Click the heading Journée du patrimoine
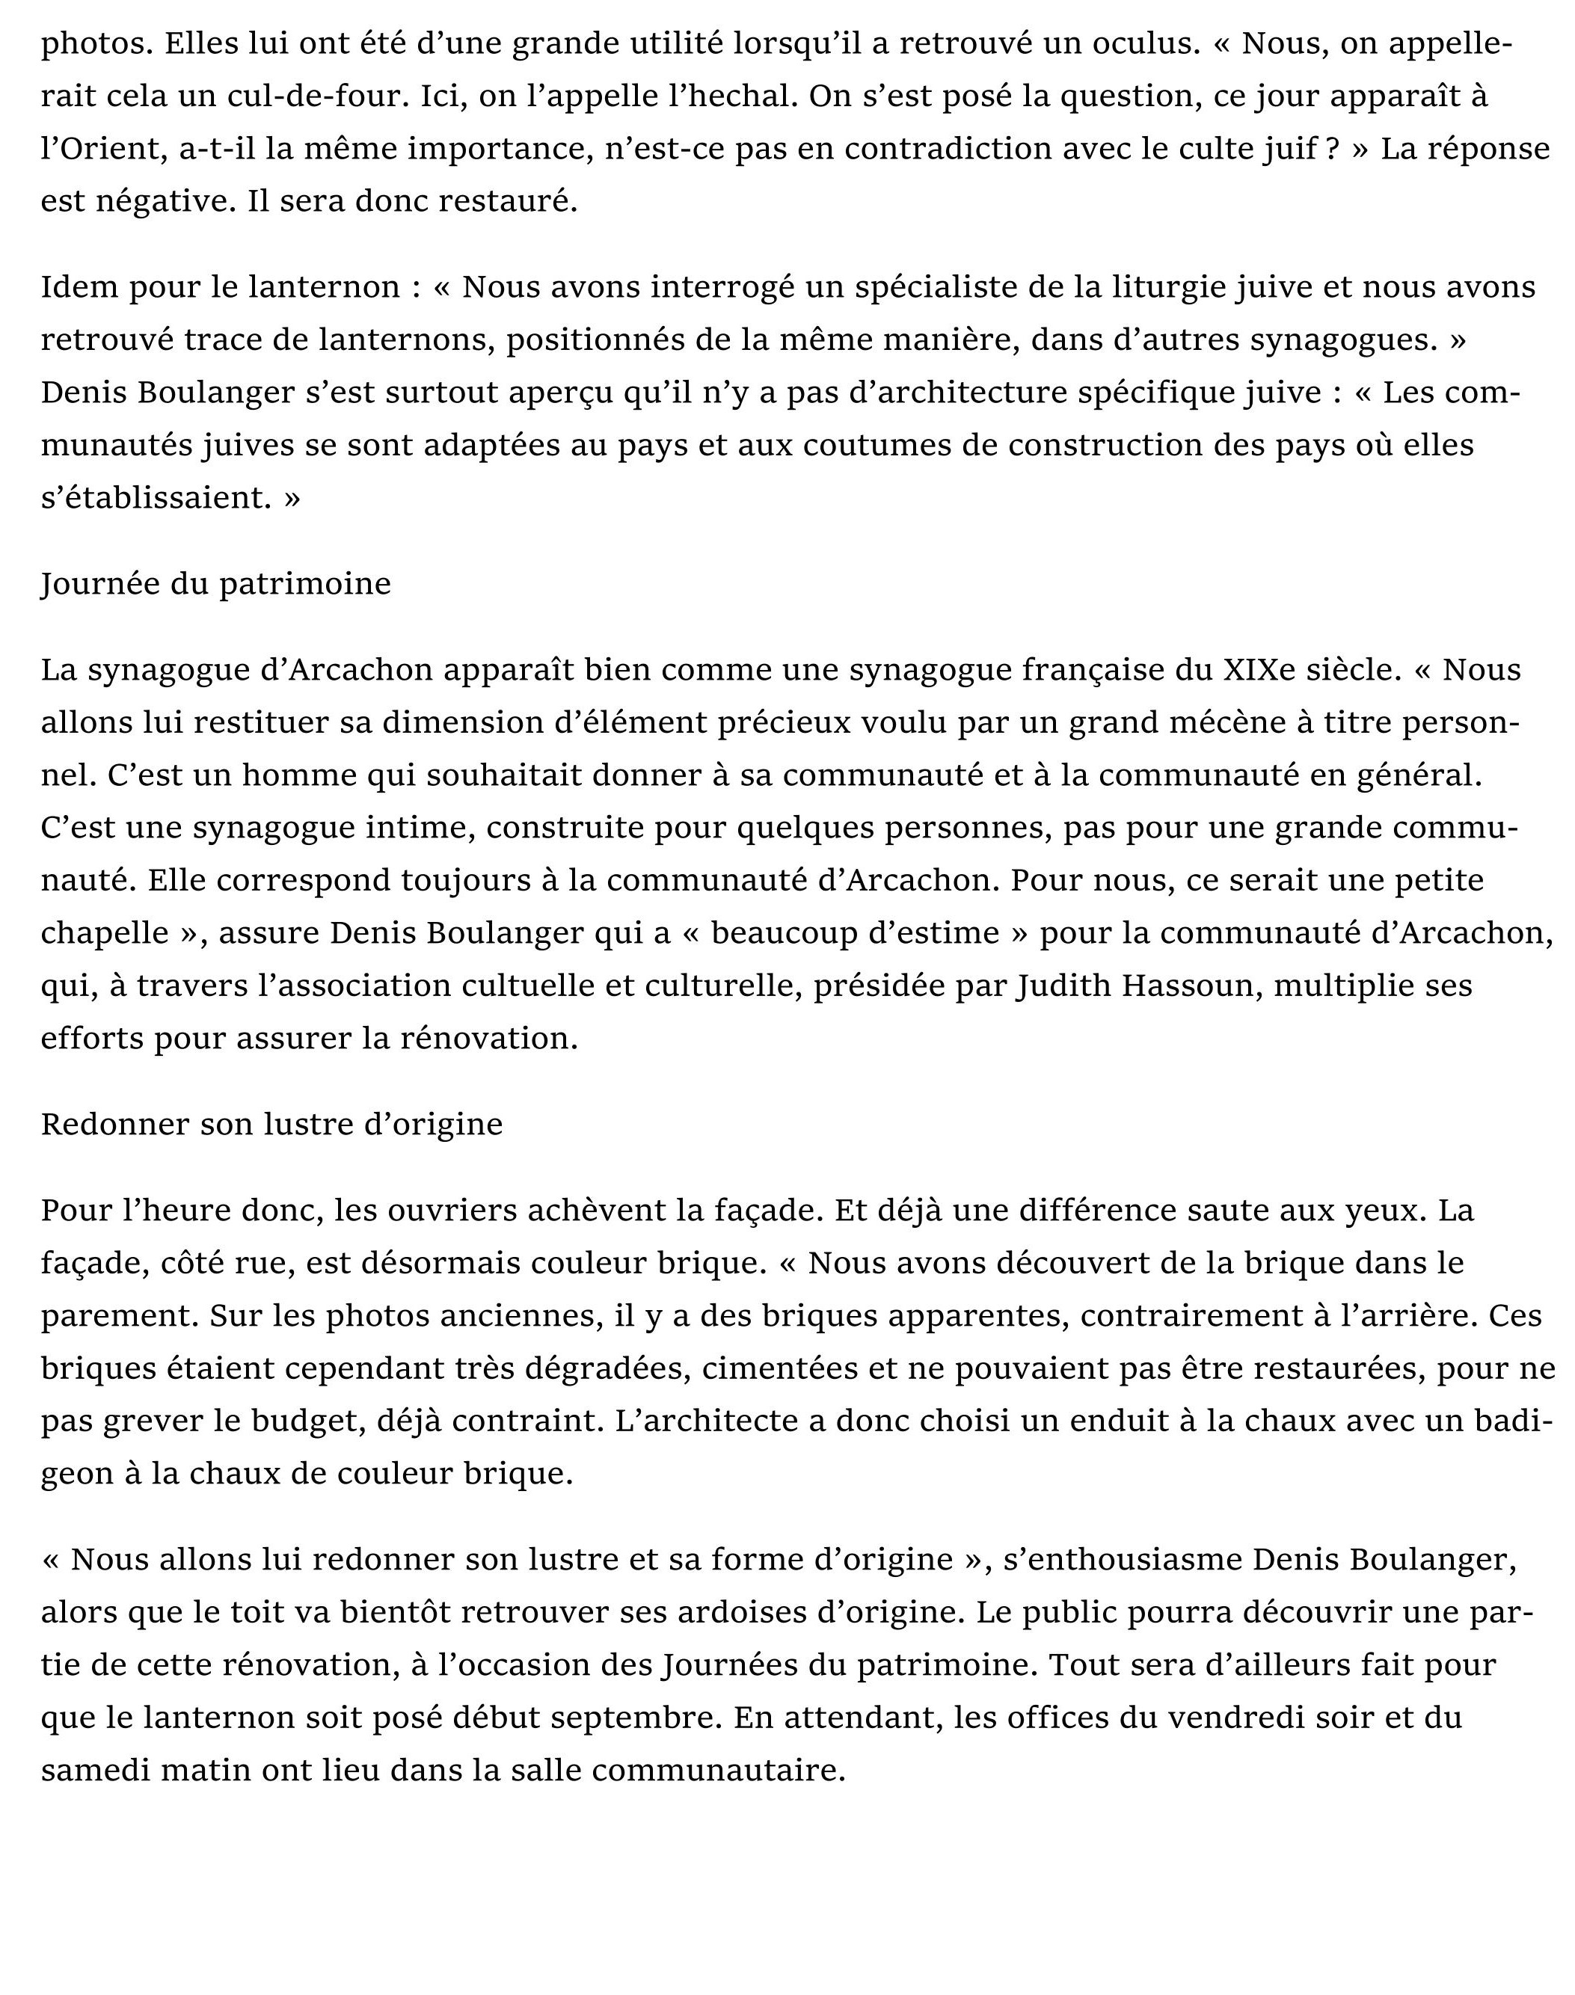(216, 583)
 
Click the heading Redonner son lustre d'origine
(272, 1124)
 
